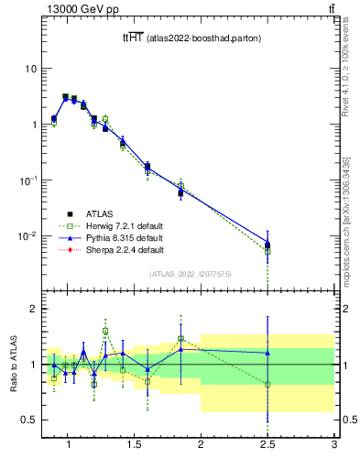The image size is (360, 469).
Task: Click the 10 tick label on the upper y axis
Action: [29, 69]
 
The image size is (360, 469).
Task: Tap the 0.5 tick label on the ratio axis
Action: [29, 420]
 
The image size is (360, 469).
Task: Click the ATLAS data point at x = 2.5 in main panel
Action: [267, 245]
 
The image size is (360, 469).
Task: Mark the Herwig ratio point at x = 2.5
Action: [267, 385]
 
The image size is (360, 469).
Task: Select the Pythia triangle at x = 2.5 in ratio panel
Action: [267, 353]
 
